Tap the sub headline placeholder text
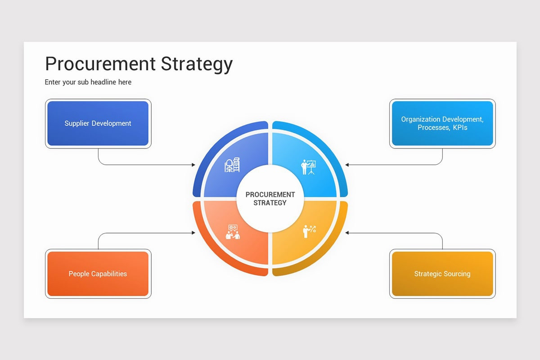88,82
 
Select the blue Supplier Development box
98,123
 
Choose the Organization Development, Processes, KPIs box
442,123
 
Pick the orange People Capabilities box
98,274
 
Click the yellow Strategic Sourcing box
442,274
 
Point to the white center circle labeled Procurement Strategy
270,198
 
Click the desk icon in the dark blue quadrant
232,166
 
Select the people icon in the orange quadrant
233,232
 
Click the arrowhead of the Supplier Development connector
193,165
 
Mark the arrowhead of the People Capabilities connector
193,233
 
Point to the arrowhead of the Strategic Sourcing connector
347,233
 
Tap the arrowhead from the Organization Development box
347,165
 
